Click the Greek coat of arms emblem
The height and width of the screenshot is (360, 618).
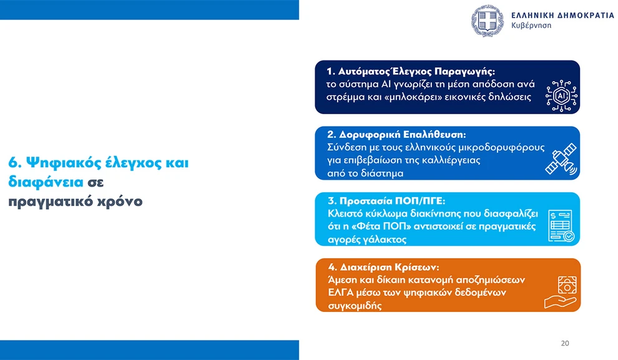[488, 21]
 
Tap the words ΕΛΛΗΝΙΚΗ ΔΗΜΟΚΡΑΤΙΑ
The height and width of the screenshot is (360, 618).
[563, 16]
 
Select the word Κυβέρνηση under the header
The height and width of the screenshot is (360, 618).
[531, 26]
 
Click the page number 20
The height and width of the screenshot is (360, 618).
[565, 343]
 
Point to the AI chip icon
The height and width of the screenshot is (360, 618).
[561, 95]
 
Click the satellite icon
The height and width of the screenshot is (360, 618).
[561, 159]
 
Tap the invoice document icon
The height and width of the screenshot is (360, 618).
[561, 226]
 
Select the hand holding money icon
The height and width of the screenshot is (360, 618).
[561, 292]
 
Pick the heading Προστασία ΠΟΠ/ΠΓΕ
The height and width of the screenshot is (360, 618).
[392, 201]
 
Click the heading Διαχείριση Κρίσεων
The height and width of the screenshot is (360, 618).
[390, 267]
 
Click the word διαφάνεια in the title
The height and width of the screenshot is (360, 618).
[46, 182]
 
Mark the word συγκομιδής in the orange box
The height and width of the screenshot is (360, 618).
[355, 306]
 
